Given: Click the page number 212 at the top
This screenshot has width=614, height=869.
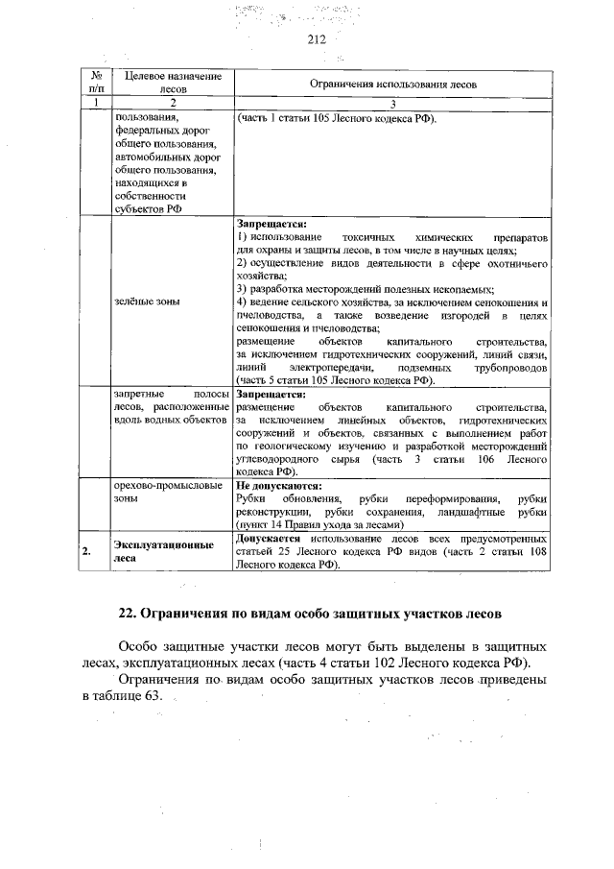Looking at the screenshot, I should pos(318,39).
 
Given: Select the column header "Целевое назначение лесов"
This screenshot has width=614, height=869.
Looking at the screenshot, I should pos(167,82).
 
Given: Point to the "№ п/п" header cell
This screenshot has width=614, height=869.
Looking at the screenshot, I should pos(95,82).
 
